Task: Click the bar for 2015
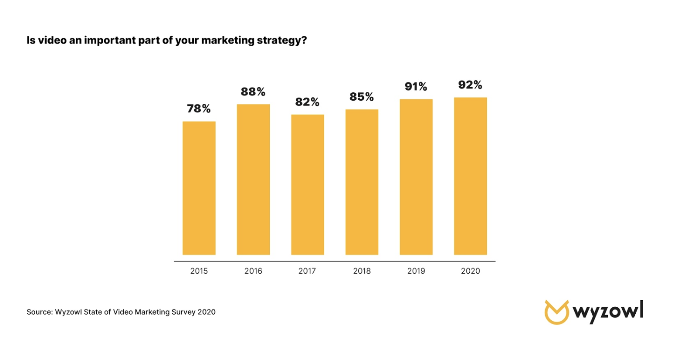199,188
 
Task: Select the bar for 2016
253,179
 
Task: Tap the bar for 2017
307,184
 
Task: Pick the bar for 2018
362,182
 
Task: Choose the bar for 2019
416,177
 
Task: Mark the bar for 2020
470,176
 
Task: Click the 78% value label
199,109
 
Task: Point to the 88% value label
253,92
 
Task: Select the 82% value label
307,102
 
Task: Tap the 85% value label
362,97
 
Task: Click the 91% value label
416,87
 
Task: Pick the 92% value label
470,85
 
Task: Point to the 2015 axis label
199,271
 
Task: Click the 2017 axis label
307,271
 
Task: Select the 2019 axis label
416,271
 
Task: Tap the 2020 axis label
470,271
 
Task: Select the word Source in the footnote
39,312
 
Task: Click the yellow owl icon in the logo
556,312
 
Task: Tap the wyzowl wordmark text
608,312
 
